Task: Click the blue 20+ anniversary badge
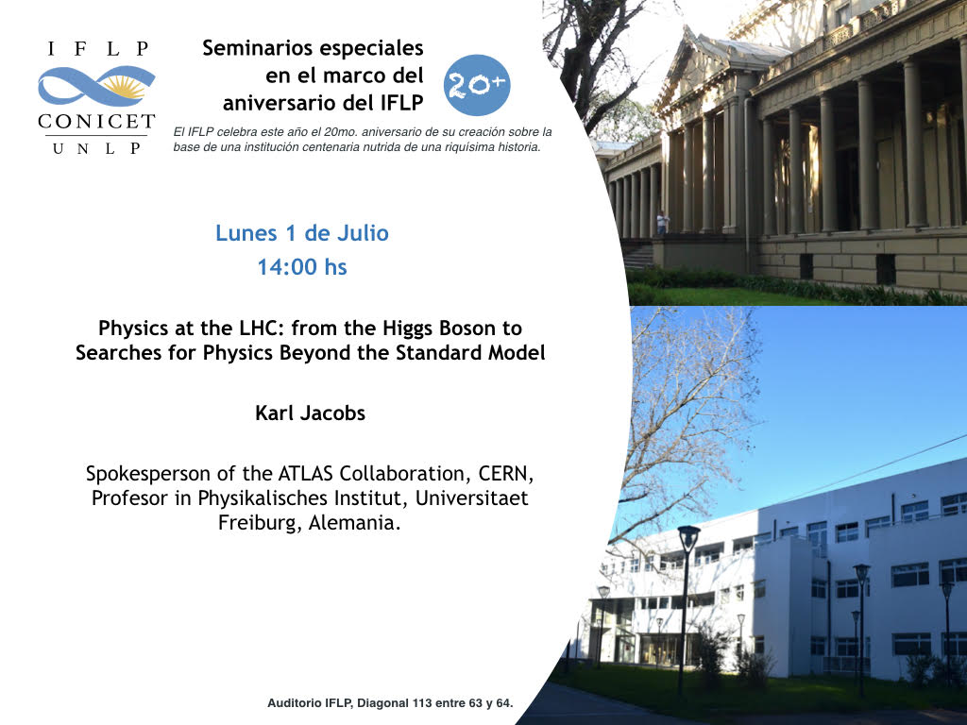coord(477,85)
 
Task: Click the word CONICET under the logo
coord(96,122)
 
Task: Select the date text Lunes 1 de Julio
coord(302,233)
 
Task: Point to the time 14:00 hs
coord(302,267)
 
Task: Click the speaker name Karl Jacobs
coord(310,413)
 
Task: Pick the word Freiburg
coord(260,523)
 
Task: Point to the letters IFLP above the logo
coord(98,49)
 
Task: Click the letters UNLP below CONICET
coord(97,148)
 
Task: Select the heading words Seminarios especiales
coord(313,48)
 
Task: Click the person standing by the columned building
coord(662,223)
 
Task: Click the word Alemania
coord(355,523)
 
